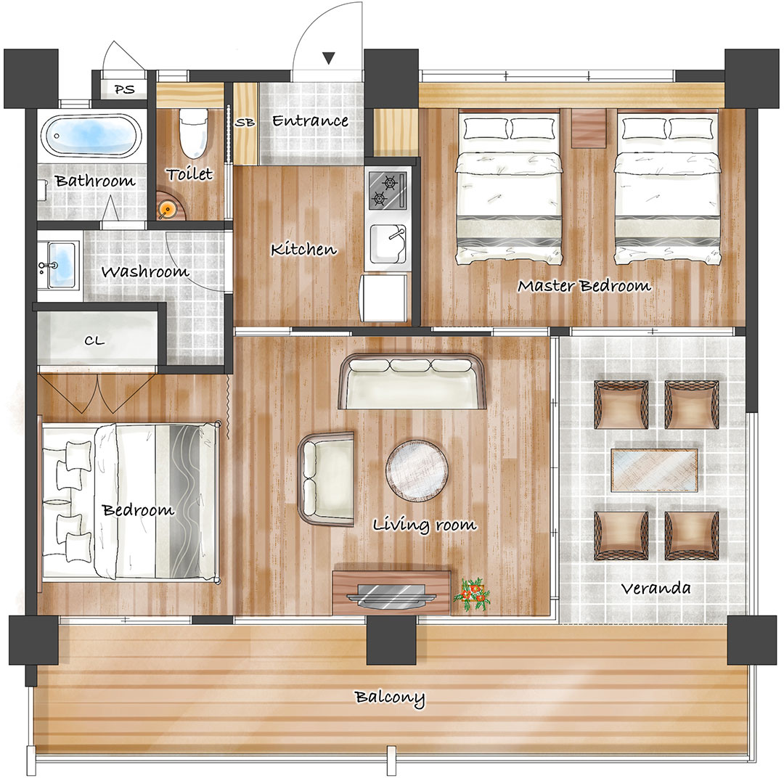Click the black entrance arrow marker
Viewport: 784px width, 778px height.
328,58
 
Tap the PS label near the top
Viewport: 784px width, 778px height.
125,89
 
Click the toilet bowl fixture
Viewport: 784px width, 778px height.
194,132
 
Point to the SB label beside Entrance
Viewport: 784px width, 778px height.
245,122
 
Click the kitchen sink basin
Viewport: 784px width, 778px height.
388,245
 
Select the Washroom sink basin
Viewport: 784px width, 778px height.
60,264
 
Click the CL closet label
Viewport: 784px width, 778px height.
94,341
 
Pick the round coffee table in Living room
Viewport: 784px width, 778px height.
417,470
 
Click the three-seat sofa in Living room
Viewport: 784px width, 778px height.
412,382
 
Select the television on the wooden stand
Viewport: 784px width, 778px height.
391,595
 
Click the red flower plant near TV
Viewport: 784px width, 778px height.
472,594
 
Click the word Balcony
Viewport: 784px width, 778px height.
390,698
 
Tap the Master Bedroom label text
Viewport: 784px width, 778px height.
584,286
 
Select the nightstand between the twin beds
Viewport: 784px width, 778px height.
588,128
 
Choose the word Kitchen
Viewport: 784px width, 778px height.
303,249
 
